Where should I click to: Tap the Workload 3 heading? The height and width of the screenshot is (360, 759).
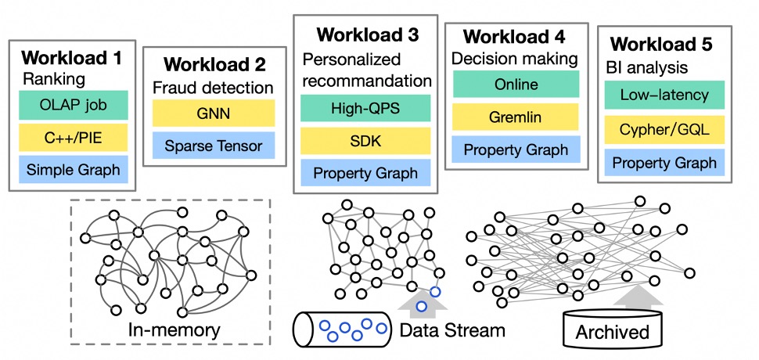[367, 35]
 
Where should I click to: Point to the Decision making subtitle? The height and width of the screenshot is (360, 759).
[515, 58]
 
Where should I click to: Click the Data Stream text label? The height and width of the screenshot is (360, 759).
[452, 329]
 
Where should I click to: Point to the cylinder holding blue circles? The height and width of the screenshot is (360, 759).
[341, 329]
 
